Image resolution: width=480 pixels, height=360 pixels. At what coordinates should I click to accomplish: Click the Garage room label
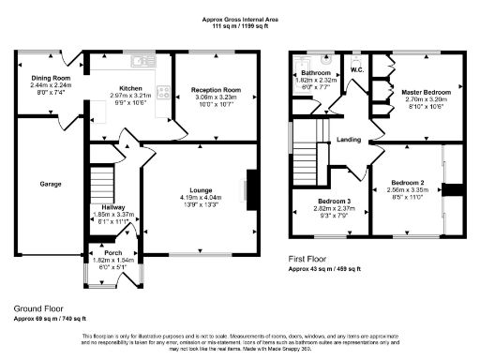(x=51, y=184)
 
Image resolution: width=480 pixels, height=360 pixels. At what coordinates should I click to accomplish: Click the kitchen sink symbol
(x=143, y=62)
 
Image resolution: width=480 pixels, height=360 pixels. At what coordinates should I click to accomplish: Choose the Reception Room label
(x=209, y=88)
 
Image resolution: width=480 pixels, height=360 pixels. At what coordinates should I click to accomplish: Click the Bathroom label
(x=316, y=72)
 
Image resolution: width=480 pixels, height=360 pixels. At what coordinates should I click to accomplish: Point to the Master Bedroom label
(x=426, y=93)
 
